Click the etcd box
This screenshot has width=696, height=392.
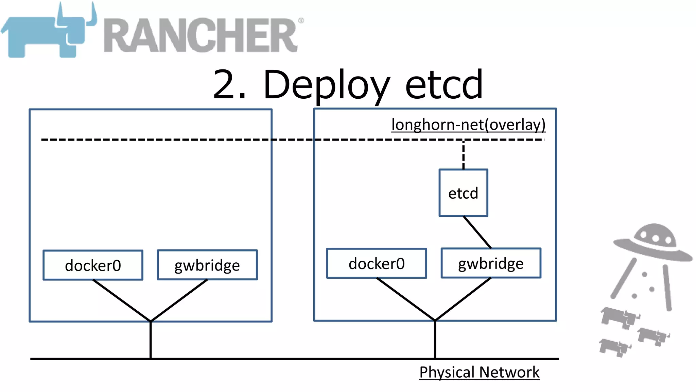tap(463, 193)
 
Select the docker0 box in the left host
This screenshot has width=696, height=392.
tap(93, 265)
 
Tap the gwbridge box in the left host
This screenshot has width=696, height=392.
tap(207, 265)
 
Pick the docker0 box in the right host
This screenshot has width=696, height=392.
tap(377, 263)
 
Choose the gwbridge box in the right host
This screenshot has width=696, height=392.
tap(491, 263)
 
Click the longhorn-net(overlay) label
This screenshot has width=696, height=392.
tap(468, 125)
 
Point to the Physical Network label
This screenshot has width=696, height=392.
tap(479, 372)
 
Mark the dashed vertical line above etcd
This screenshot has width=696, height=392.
tap(463, 155)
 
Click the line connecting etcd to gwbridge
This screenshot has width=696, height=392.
tap(477, 232)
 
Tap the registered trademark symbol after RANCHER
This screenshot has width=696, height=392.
tap(301, 21)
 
